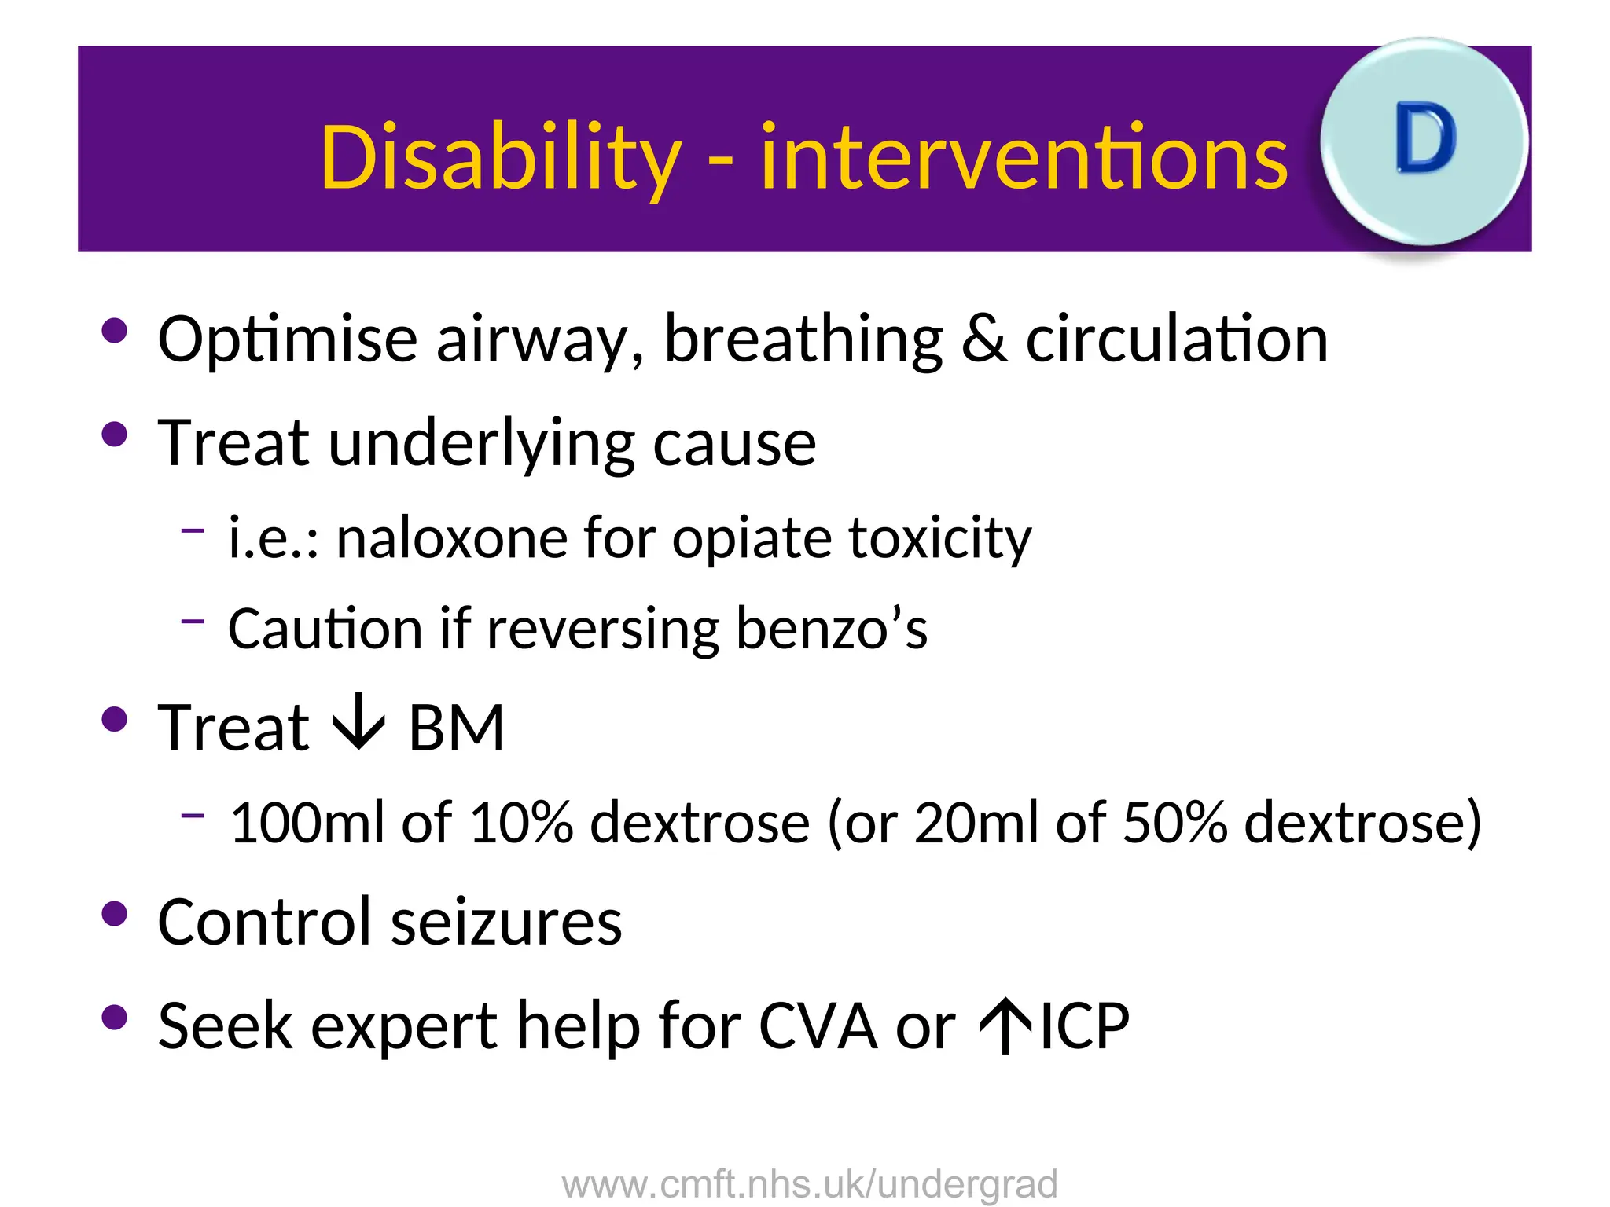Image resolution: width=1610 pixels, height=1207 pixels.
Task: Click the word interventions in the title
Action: [1024, 159]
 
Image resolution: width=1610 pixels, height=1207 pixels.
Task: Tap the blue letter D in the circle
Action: [1425, 139]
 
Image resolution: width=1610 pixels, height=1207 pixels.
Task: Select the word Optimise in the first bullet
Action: [287, 339]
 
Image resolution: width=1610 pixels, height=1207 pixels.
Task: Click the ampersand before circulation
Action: [983, 339]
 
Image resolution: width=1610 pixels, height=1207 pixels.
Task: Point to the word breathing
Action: [803, 339]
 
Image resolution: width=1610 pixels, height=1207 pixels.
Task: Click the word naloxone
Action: [451, 539]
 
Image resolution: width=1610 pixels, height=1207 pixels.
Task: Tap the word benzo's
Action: [831, 629]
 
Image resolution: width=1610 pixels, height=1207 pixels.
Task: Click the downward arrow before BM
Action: [358, 723]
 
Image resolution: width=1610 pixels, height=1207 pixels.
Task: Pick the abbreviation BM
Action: [456, 728]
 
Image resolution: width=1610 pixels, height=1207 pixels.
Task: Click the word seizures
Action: [506, 922]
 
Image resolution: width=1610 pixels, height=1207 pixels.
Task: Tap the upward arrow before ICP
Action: [1005, 1025]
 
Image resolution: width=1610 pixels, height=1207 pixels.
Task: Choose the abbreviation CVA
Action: [818, 1026]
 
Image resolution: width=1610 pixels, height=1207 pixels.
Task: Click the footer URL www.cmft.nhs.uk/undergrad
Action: [810, 1184]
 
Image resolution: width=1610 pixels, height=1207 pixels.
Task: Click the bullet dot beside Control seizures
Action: [115, 914]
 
